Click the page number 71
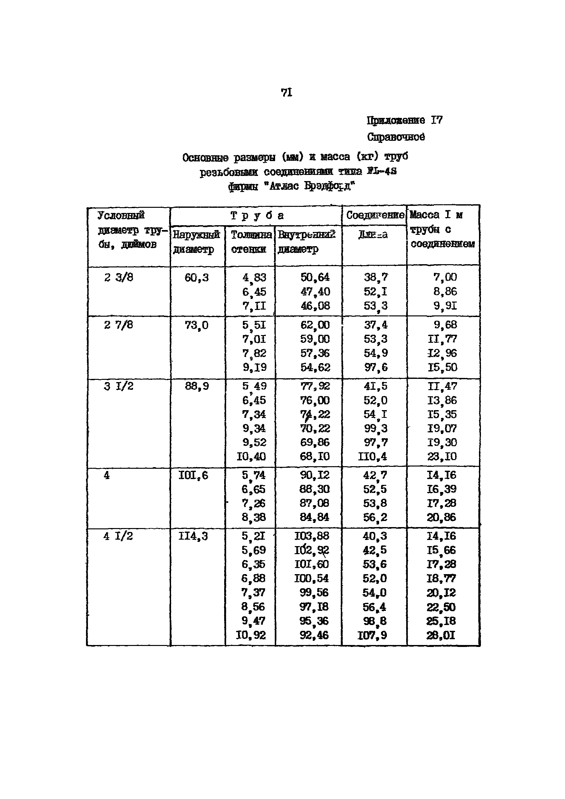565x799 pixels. point(286,92)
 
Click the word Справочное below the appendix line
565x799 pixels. point(396,137)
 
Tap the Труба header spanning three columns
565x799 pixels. point(257,216)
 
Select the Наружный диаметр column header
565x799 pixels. point(196,242)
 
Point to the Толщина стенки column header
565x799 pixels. point(251,242)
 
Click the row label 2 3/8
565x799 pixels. point(119,277)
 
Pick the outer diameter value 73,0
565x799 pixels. point(196,325)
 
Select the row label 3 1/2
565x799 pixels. point(119,386)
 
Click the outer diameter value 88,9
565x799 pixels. point(197,386)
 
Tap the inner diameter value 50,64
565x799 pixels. point(315,277)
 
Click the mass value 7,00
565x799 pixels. point(445,277)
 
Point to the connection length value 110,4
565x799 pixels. point(372,456)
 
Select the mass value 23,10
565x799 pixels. point(442,456)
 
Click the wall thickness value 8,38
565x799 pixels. point(254,517)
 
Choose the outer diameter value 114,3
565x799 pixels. point(193,536)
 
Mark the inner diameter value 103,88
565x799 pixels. point(312,536)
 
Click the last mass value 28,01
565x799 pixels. point(441,635)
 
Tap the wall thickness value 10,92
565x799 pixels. point(251,635)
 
